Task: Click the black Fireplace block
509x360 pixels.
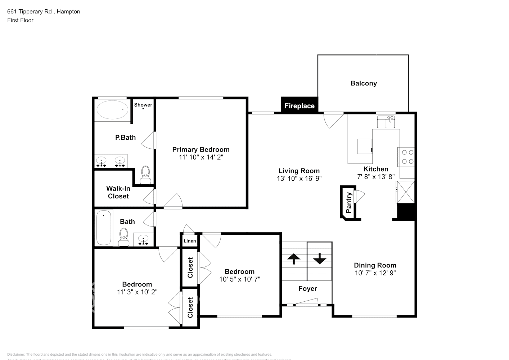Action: coord(299,105)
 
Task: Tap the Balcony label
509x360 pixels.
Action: coord(364,83)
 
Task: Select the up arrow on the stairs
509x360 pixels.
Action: coord(294,258)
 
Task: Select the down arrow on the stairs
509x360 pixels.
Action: coord(319,258)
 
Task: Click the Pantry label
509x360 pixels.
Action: coord(349,202)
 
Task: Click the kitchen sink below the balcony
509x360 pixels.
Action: coord(386,122)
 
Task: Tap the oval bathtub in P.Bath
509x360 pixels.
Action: coord(112,110)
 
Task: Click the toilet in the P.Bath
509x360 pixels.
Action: coord(145,175)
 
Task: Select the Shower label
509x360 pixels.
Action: coord(143,105)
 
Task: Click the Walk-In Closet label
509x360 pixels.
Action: coord(118,192)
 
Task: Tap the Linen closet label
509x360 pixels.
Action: coord(190,241)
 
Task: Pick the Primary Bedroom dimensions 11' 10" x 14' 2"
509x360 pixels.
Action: coord(201,157)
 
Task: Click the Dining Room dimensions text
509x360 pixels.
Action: coord(375,273)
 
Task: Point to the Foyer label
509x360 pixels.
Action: coord(308,288)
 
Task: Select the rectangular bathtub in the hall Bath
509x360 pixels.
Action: coord(104,228)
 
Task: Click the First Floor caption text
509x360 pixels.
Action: coord(20,20)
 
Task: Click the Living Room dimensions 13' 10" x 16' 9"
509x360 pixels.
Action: coord(299,178)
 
